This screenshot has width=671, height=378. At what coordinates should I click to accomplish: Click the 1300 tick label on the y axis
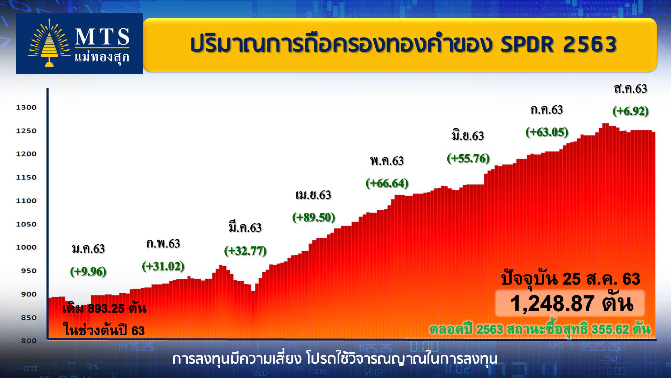pyautogui.click(x=26, y=107)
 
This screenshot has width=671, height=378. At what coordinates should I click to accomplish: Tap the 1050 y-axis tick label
pyautogui.click(x=26, y=224)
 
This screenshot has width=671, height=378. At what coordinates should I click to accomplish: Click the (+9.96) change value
pyautogui.click(x=88, y=271)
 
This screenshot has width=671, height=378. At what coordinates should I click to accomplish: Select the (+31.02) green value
pyautogui.click(x=163, y=266)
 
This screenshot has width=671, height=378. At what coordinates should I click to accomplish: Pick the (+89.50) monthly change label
pyautogui.click(x=313, y=217)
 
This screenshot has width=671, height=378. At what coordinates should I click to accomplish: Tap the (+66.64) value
pyautogui.click(x=387, y=183)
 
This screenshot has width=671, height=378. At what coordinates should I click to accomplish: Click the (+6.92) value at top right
pyautogui.click(x=630, y=111)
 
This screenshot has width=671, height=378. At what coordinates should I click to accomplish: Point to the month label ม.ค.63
pyautogui.click(x=88, y=249)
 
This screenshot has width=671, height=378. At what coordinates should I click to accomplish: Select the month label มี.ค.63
pyautogui.click(x=245, y=227)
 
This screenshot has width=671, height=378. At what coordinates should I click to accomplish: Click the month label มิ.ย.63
pyautogui.click(x=468, y=135)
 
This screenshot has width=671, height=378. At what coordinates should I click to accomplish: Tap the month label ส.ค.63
pyautogui.click(x=630, y=89)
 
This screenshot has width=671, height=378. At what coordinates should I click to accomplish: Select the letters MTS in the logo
pyautogui.click(x=102, y=37)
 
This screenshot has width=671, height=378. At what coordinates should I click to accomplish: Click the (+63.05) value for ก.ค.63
pyautogui.click(x=547, y=132)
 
